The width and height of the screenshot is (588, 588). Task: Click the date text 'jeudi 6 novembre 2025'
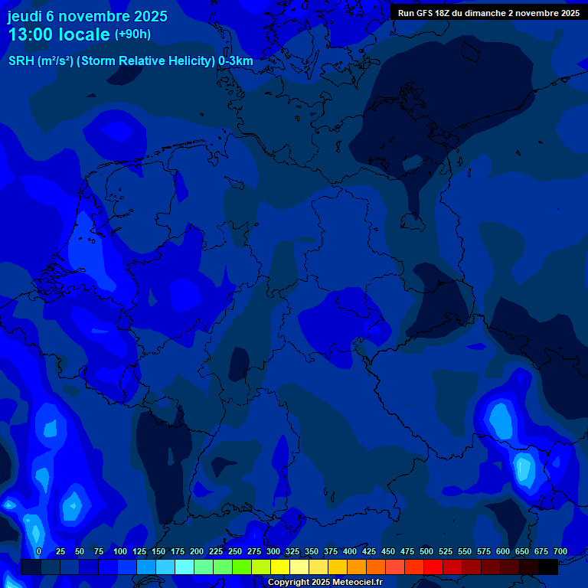(87, 16)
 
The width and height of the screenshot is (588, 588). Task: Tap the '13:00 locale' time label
(59, 34)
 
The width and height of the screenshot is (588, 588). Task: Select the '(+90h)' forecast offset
(132, 34)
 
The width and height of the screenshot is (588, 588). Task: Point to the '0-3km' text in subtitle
(236, 61)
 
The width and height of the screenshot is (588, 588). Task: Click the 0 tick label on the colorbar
(39, 551)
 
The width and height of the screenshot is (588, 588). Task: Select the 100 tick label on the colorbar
(120, 551)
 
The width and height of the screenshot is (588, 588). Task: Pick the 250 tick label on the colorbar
(235, 551)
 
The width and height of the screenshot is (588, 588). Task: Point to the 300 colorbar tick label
(273, 551)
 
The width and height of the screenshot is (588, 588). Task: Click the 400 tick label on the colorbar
(350, 551)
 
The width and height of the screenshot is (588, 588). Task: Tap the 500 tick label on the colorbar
(426, 551)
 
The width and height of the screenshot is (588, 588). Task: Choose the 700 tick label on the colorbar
(560, 551)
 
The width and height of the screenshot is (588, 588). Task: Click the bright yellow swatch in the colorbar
(279, 567)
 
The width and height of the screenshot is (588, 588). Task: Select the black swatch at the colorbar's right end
(547, 567)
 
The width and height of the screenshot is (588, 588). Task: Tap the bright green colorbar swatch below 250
(241, 567)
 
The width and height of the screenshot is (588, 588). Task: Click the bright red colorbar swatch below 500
(433, 567)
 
